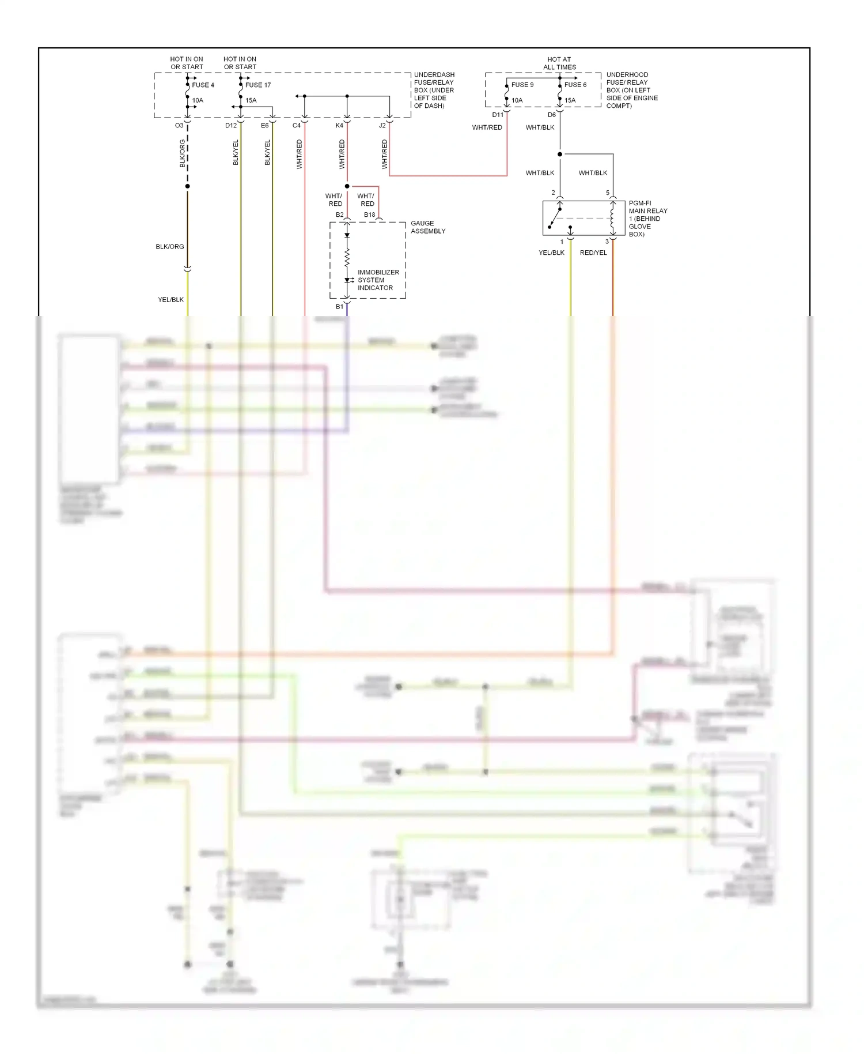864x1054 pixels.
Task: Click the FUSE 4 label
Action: (203, 85)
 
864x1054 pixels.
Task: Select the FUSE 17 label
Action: (257, 85)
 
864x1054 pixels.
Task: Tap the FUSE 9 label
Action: (522, 85)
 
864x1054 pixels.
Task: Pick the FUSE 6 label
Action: (575, 85)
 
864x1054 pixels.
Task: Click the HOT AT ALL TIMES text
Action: (559, 63)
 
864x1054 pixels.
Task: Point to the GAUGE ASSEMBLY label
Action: (427, 227)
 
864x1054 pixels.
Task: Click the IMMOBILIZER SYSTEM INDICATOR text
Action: (378, 280)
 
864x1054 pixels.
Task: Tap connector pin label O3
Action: (179, 125)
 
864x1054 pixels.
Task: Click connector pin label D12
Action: (230, 125)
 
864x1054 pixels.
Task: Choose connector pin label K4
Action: (339, 125)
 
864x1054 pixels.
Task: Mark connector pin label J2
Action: (382, 125)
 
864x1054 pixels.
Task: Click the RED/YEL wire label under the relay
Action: (593, 253)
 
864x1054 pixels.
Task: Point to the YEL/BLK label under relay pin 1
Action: (551, 253)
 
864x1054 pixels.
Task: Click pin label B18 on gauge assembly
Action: (369, 214)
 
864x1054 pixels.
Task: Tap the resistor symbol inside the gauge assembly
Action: (347, 258)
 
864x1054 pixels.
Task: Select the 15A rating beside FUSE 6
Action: (570, 100)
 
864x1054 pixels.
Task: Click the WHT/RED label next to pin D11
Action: (487, 127)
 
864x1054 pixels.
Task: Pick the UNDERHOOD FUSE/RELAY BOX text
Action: (631, 90)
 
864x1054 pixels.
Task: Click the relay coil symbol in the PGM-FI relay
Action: (612, 218)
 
